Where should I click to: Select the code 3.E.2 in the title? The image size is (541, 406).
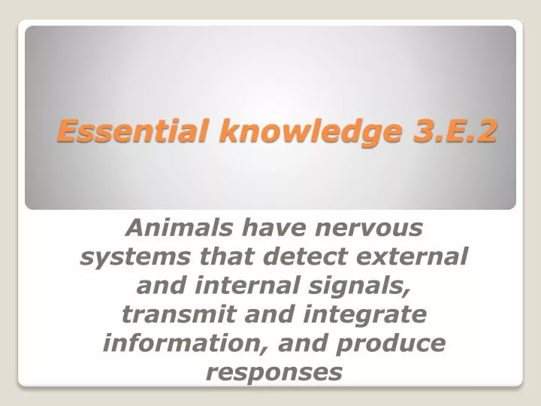(455, 131)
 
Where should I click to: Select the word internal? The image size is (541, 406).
(230, 285)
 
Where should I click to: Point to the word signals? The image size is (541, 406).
(347, 286)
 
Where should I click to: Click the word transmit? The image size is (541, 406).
(165, 314)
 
